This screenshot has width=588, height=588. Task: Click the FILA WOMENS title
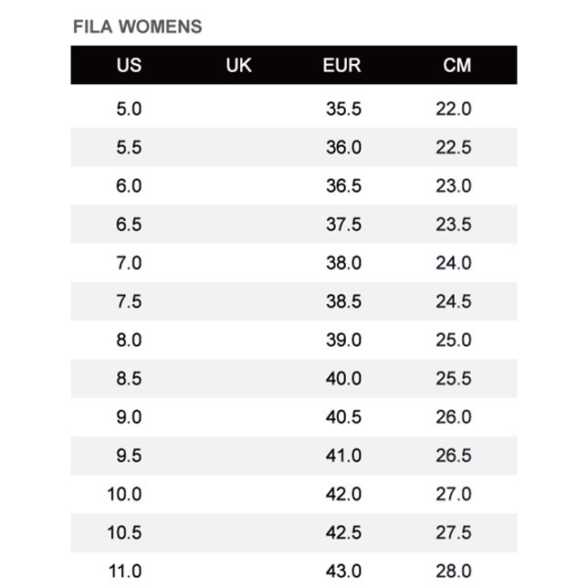coord(137,26)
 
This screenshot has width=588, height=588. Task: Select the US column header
coord(129,66)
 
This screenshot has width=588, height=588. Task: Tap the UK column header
coord(238,66)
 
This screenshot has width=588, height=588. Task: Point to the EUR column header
coord(341,66)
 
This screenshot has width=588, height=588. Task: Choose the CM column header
coord(457,66)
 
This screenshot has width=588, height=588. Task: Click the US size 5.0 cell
coord(129,110)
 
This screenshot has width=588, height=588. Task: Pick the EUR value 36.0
coord(343,148)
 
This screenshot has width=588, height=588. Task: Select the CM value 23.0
coord(453,186)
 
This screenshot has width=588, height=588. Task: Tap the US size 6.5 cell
coord(129,225)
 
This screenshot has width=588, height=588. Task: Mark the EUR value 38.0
coord(343,263)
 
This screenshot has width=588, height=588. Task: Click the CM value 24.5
coord(453,301)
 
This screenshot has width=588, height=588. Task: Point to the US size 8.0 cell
coord(129,340)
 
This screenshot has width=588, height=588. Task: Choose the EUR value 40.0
coord(343,378)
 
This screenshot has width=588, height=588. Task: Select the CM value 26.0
coord(453,416)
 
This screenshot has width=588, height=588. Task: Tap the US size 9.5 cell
coord(129,456)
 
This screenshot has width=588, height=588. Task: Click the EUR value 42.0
coord(343,494)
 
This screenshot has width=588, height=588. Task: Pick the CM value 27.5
coord(453,532)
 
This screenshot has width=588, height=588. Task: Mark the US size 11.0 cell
coord(125,572)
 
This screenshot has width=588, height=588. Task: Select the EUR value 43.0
coord(343,572)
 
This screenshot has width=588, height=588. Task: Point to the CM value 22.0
coord(453,110)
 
